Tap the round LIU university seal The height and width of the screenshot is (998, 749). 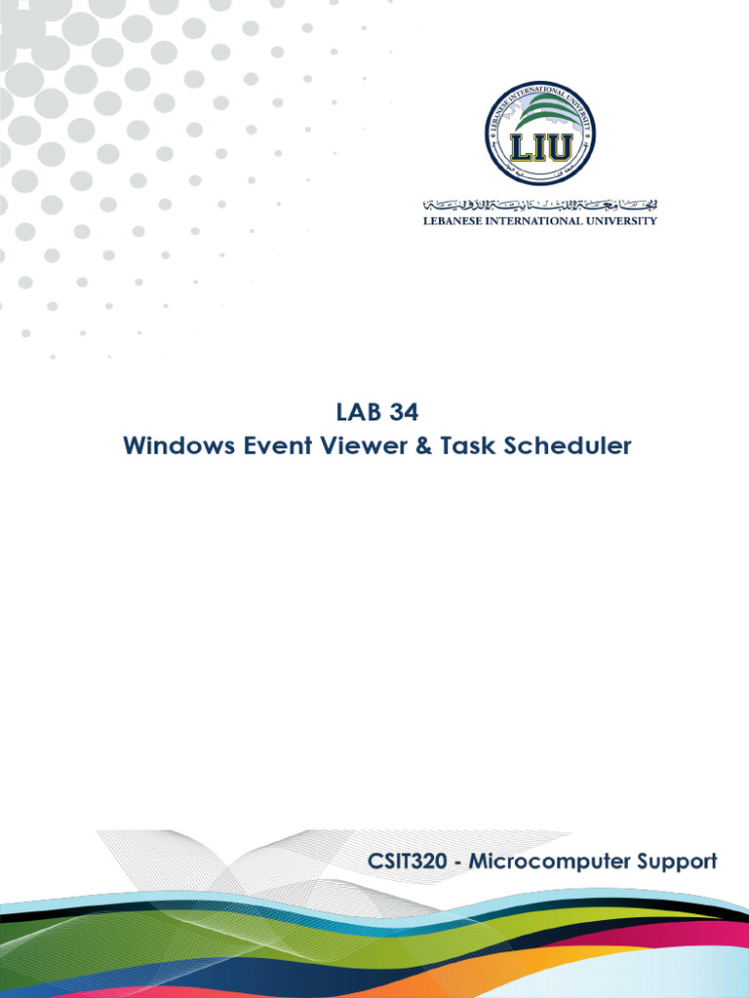pos(540,134)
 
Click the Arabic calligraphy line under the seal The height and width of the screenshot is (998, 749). pos(540,205)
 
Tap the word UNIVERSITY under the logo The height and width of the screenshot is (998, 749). pos(626,221)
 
